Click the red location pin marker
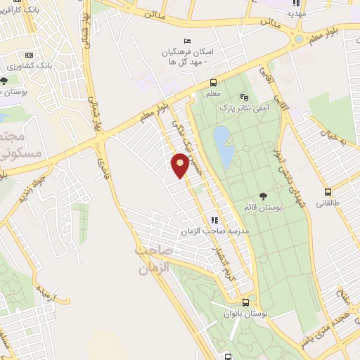[181, 165]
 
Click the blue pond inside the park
[224, 146]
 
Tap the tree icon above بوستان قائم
[263, 197]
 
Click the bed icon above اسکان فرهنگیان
[186, 41]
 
